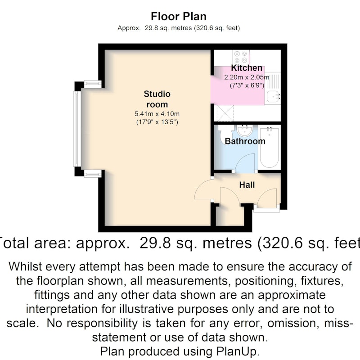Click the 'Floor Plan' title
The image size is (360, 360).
click(179, 17)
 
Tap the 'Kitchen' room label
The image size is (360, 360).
click(247, 68)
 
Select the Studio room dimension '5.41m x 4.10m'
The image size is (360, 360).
click(157, 114)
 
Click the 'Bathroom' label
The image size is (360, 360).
click(245, 141)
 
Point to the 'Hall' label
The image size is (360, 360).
click(247, 185)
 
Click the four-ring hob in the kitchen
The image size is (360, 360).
click(241, 57)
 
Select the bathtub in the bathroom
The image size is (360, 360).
click(270, 148)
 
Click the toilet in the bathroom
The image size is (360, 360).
click(226, 135)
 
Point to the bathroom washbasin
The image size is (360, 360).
click(245, 130)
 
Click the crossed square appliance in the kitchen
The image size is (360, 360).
click(225, 113)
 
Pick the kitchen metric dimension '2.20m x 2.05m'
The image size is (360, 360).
click(247, 77)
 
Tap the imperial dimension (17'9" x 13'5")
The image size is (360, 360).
click(157, 122)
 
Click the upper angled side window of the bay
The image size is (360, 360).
click(93, 84)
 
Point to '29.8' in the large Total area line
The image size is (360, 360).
click(155, 243)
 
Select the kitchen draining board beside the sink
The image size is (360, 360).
click(273, 81)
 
